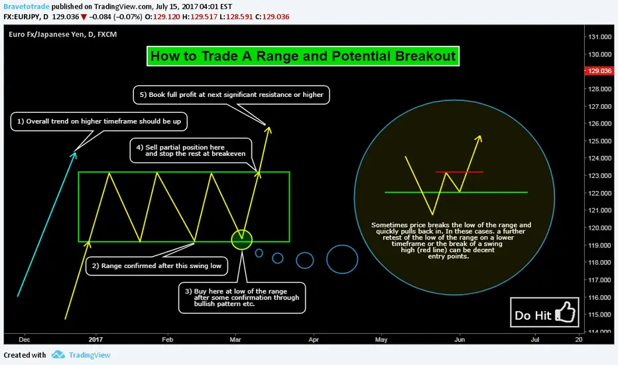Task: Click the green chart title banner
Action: point(302,56)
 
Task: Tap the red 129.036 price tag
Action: point(599,71)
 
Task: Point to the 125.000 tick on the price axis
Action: point(600,141)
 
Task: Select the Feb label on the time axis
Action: point(168,339)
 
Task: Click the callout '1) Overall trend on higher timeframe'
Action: point(99,121)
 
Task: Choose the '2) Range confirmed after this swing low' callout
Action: point(156,266)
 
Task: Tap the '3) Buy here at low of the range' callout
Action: point(242,298)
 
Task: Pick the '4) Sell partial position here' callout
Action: point(191,151)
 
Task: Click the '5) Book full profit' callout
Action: point(231,95)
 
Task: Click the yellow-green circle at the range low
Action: point(241,240)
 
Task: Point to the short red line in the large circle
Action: point(459,172)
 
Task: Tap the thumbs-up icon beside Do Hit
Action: point(565,312)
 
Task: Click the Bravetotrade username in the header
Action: point(27,7)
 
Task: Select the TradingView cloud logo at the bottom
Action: point(58,354)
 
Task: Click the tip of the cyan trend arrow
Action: point(75,153)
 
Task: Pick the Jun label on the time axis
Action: point(460,339)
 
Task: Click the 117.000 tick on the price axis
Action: point(600,280)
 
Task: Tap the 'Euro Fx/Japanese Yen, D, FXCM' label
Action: point(63,35)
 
